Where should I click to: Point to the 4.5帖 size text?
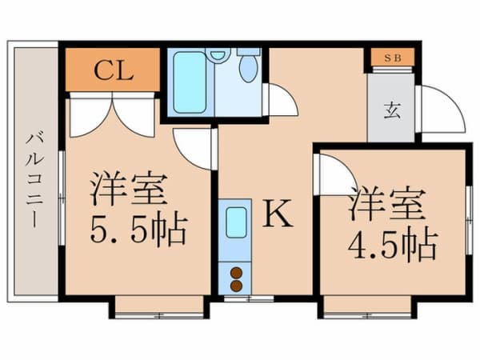pos(392,243)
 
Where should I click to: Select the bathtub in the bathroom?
pos(190,82)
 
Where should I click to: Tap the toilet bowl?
pos(248,69)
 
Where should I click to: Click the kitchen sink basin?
pos(236,222)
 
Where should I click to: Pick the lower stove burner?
pos(236,285)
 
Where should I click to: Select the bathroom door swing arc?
pos(280,100)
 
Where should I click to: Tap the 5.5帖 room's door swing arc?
pos(194,147)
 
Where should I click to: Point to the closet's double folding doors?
pos(112,115)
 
